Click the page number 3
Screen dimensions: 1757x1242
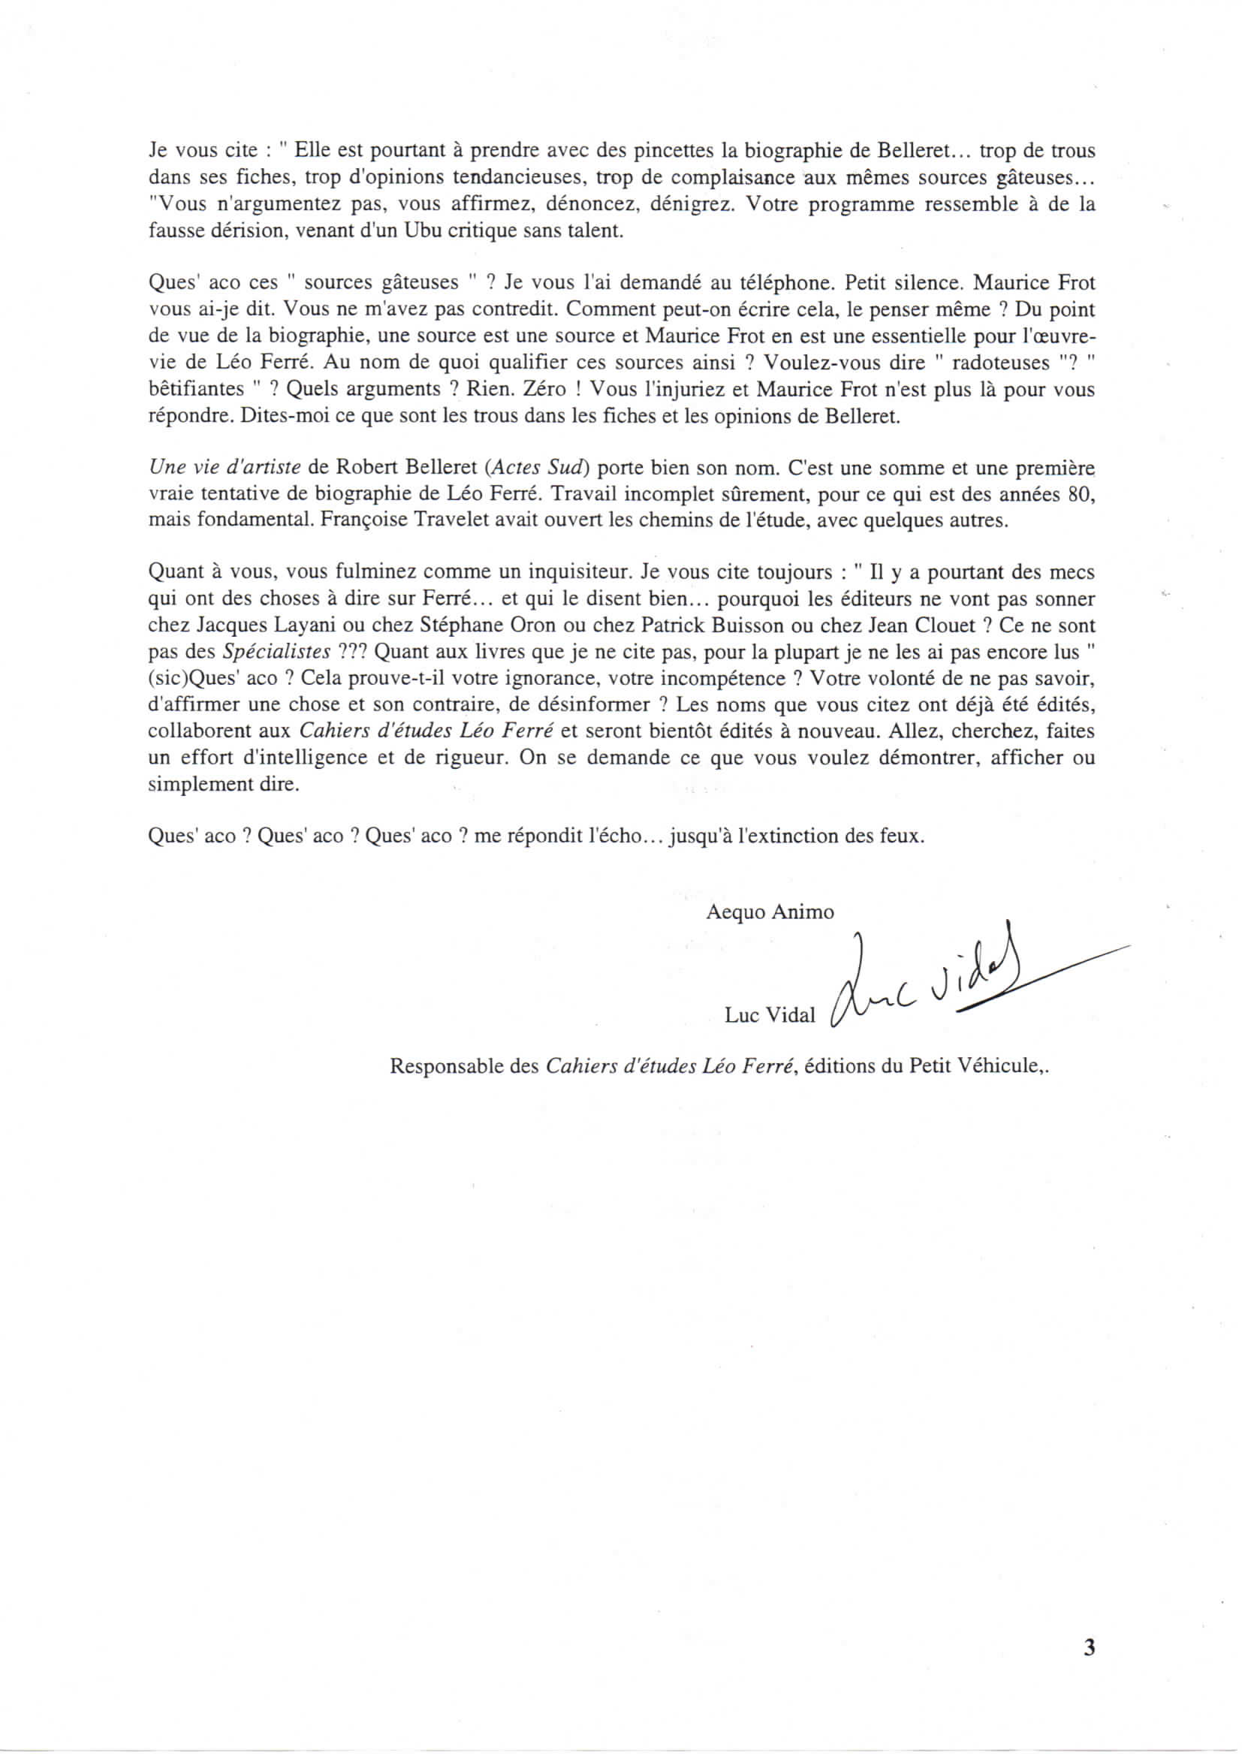(1090, 1668)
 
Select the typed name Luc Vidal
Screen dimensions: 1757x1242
(770, 1014)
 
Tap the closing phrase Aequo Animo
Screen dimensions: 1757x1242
(770, 912)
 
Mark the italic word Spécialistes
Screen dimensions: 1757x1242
(276, 651)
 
